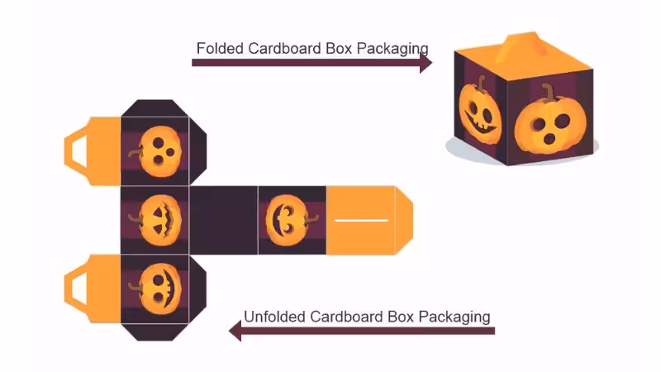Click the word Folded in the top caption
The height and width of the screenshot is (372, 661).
(x=218, y=48)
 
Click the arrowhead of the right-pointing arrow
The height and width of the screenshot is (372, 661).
(x=426, y=62)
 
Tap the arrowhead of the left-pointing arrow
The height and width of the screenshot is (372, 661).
(x=235, y=331)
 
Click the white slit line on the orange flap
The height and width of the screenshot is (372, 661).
(x=360, y=221)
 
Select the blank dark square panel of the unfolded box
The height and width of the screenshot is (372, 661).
(x=223, y=220)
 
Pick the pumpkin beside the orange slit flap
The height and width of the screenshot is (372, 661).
(x=288, y=221)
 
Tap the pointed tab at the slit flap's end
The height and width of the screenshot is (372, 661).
(x=404, y=219)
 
